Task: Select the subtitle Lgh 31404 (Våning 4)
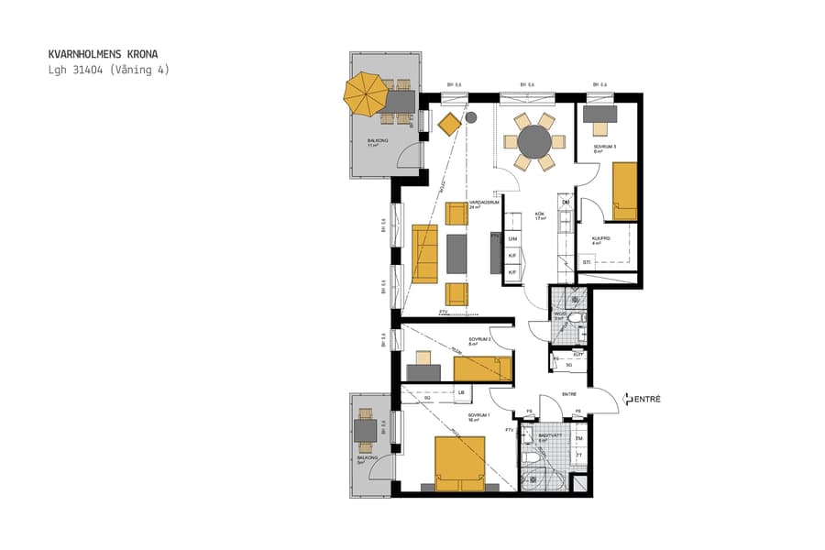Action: [109, 70]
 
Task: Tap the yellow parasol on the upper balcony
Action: [367, 96]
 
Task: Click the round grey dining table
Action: [533, 142]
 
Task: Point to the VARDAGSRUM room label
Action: [483, 204]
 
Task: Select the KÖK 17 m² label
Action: [541, 216]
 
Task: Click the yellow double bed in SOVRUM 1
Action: [459, 463]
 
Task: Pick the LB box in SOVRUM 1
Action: [461, 393]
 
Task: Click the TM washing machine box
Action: [578, 438]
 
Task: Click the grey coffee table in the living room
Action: [457, 254]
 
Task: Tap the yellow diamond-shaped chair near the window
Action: [449, 123]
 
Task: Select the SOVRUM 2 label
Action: [480, 341]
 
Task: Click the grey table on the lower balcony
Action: [366, 430]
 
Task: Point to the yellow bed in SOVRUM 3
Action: [624, 190]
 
